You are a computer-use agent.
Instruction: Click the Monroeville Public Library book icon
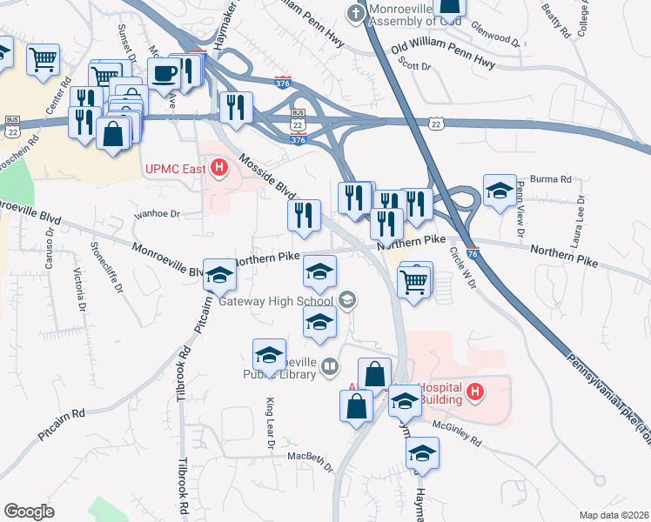(330, 366)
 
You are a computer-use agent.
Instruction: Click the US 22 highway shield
(436, 124)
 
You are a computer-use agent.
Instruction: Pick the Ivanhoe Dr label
(157, 212)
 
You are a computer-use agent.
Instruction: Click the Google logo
(29, 511)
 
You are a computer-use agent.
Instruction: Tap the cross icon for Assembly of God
(355, 13)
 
